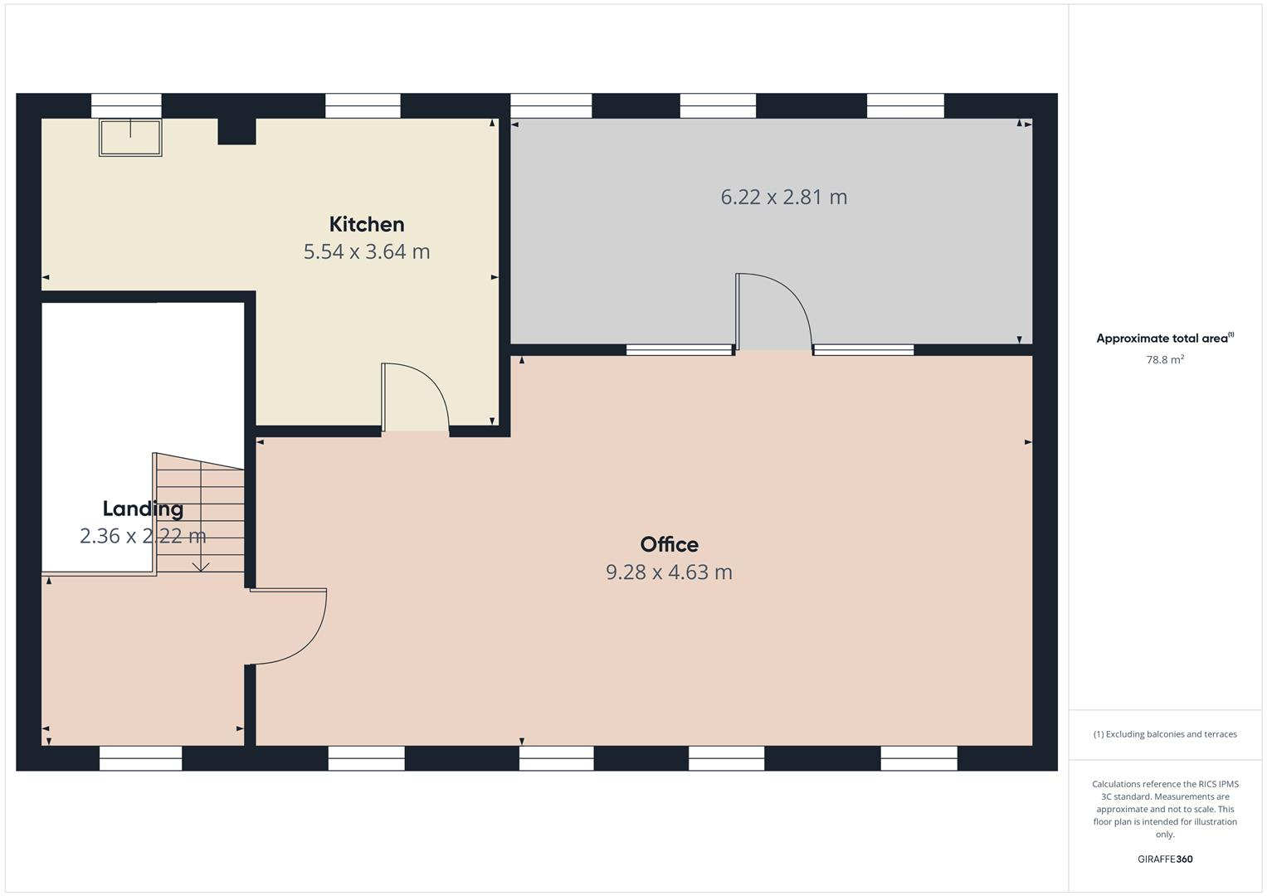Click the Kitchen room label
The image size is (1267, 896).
pyautogui.click(x=367, y=224)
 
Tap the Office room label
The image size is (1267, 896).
pyautogui.click(x=669, y=544)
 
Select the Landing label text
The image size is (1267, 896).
pyautogui.click(x=143, y=509)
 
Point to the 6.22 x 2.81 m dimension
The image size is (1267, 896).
pyautogui.click(x=783, y=197)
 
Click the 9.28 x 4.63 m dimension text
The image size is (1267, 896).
pyautogui.click(x=669, y=572)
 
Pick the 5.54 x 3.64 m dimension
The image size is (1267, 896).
pyautogui.click(x=367, y=251)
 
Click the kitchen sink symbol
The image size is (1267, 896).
pyautogui.click(x=130, y=137)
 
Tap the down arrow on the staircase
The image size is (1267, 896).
pyautogui.click(x=201, y=566)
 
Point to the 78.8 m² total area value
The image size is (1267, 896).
pyautogui.click(x=1165, y=360)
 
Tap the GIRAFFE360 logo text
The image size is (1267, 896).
pyautogui.click(x=1165, y=859)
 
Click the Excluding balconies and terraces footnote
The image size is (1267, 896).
pyautogui.click(x=1165, y=734)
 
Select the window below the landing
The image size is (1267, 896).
pyautogui.click(x=140, y=757)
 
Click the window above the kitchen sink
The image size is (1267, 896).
pyautogui.click(x=126, y=105)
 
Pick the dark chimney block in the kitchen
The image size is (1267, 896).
pyautogui.click(x=236, y=132)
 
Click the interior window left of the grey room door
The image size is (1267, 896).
pyautogui.click(x=680, y=350)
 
